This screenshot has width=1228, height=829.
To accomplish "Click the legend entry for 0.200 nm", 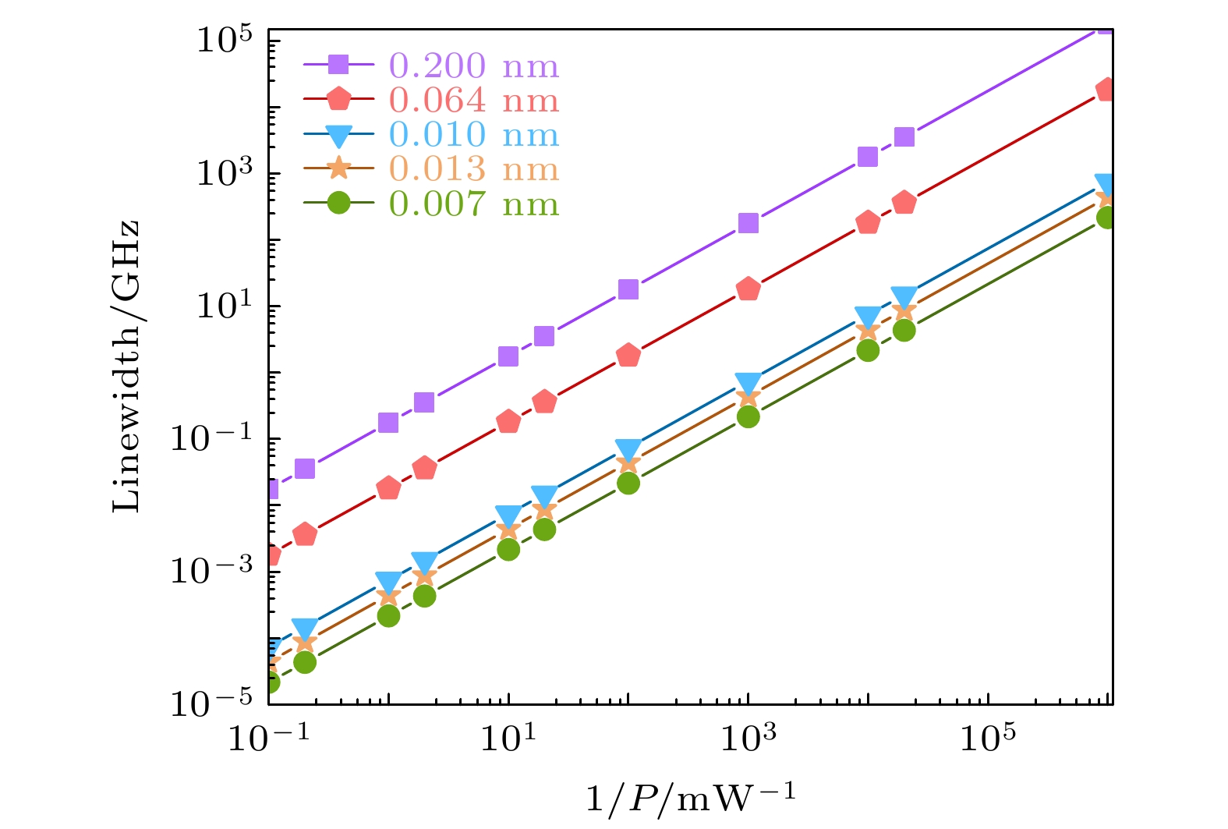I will click(474, 66).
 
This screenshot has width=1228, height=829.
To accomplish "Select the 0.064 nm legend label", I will click(474, 101).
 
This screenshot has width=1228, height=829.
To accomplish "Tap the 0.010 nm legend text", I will click(474, 135).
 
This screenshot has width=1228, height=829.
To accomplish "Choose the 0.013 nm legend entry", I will click(474, 169).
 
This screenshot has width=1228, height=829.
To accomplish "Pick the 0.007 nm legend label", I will click(474, 204).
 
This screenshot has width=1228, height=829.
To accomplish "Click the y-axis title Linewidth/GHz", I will click(127, 367).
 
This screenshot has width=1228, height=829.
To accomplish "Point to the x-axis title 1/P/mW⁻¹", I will click(691, 799).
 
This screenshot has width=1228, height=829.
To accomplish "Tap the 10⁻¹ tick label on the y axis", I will click(214, 438).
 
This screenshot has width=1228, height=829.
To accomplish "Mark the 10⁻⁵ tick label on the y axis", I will click(214, 703).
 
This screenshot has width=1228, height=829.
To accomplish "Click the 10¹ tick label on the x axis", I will click(508, 738).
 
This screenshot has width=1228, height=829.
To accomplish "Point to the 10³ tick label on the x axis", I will click(748, 738).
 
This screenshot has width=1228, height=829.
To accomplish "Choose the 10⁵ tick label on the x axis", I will click(988, 738).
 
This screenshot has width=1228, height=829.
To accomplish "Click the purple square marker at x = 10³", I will click(748, 224).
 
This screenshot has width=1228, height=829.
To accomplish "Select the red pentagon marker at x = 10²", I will click(628, 356).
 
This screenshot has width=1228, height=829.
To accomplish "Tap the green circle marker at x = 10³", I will click(748, 417).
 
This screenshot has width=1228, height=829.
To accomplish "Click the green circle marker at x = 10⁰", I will click(388, 616).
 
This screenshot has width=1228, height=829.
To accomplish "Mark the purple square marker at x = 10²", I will click(628, 290).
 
